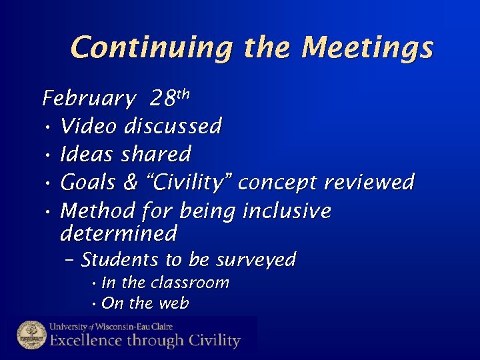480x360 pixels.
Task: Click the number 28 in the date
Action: point(162,99)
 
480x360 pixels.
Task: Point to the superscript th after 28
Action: point(183,94)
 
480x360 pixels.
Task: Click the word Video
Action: point(89,126)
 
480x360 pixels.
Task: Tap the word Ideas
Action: point(87,154)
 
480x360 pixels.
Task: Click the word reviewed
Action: point(369,182)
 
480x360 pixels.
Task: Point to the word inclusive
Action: point(287,211)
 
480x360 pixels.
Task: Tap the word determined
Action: point(119,233)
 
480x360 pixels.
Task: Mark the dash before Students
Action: point(70,260)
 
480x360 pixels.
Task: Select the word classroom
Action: point(190,283)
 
